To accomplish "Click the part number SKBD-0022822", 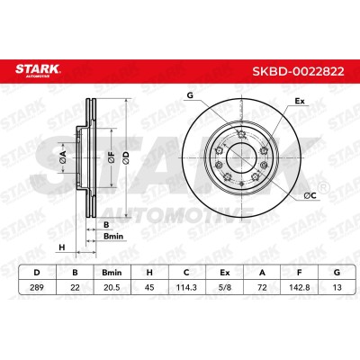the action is pyautogui.click(x=298, y=71).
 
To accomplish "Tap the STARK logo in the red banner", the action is pyautogui.click(x=38, y=71).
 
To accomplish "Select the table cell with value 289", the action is pyautogui.click(x=37, y=287).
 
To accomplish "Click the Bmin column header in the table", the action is pyautogui.click(x=112, y=273).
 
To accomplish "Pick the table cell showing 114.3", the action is pyautogui.click(x=186, y=287).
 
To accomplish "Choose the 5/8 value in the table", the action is pyautogui.click(x=224, y=287).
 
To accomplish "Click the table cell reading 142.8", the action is pyautogui.click(x=299, y=287).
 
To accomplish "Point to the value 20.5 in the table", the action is pyautogui.click(x=112, y=287).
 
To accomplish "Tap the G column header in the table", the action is pyautogui.click(x=337, y=273).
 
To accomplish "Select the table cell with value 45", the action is pyautogui.click(x=149, y=287).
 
